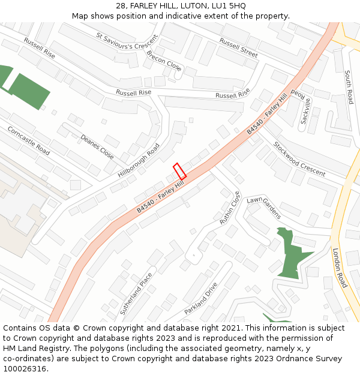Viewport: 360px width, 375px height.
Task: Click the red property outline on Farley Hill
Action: tap(179, 170)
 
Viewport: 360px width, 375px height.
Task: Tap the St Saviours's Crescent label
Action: tap(127, 41)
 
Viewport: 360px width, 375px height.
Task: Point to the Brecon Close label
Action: tap(163, 61)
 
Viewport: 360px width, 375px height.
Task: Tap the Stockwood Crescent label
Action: tap(298, 158)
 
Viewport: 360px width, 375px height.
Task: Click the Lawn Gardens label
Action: tap(263, 207)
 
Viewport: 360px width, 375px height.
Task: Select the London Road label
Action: tap(340, 268)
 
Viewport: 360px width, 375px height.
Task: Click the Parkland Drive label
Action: tap(200, 298)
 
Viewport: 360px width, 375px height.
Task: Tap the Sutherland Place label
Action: tap(136, 294)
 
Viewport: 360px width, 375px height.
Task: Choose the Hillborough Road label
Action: tap(139, 160)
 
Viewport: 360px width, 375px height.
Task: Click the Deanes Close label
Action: tap(97, 146)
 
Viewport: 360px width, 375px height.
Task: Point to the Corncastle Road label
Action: tap(28, 140)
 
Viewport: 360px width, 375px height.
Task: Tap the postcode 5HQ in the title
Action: tap(236, 5)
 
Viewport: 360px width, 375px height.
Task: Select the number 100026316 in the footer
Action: tap(25, 368)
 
